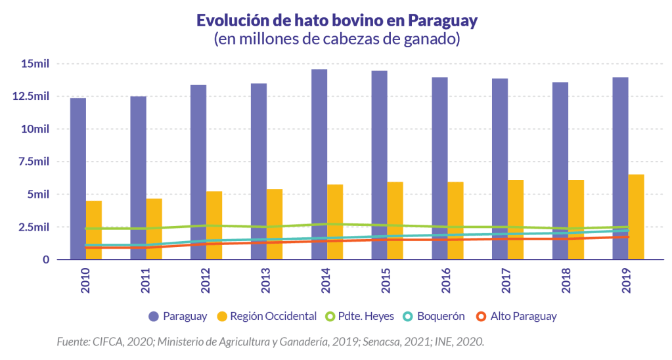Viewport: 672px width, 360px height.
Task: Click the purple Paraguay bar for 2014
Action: (319, 164)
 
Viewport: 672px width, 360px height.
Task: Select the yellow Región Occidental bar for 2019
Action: (636, 217)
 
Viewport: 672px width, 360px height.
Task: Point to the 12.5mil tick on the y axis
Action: (35, 97)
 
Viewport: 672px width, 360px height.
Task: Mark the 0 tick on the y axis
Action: (46, 259)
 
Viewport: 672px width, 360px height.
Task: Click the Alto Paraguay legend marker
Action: (481, 316)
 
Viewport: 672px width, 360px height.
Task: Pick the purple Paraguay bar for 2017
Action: (500, 169)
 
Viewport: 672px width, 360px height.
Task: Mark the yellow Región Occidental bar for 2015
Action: (395, 221)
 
